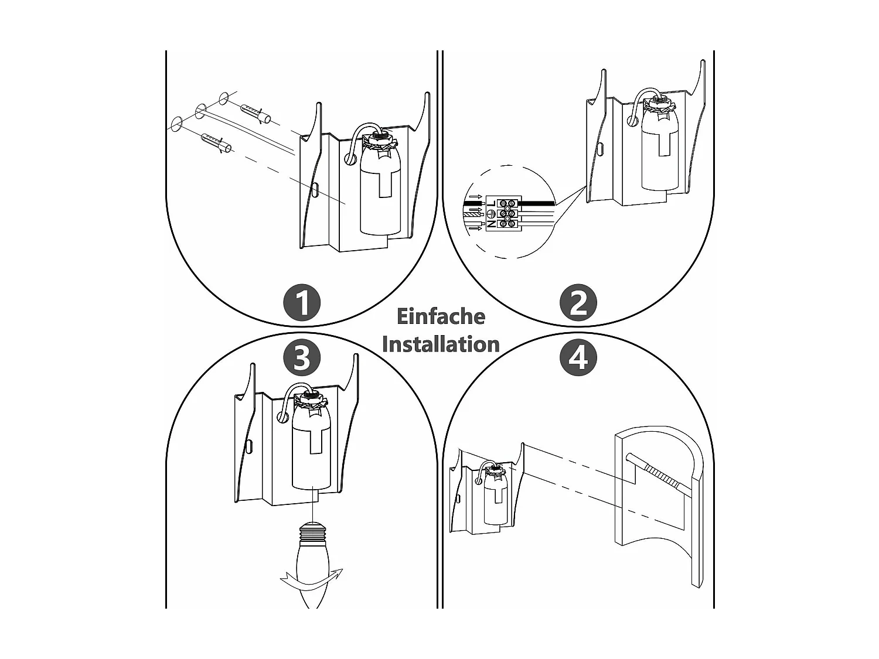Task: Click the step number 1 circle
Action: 302,303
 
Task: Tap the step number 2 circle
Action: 578,303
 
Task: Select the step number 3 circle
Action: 302,357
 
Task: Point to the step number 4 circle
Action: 578,357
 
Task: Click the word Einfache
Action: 441,316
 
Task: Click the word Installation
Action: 441,344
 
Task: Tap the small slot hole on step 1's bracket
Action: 315,190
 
